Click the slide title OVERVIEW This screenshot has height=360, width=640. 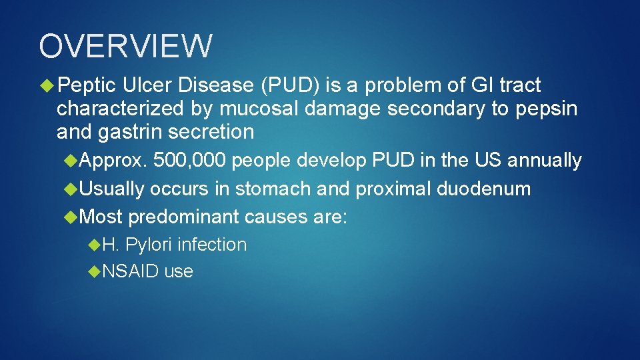[x=126, y=46]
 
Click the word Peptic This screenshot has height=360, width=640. [x=86, y=85]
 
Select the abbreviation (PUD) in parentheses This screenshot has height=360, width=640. [x=291, y=85]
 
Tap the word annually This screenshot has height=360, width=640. [x=544, y=161]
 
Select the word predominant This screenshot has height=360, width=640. [x=183, y=217]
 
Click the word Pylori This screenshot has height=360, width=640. [x=149, y=245]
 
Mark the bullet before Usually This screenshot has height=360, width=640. [x=71, y=189]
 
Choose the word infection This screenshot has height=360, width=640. [x=212, y=245]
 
